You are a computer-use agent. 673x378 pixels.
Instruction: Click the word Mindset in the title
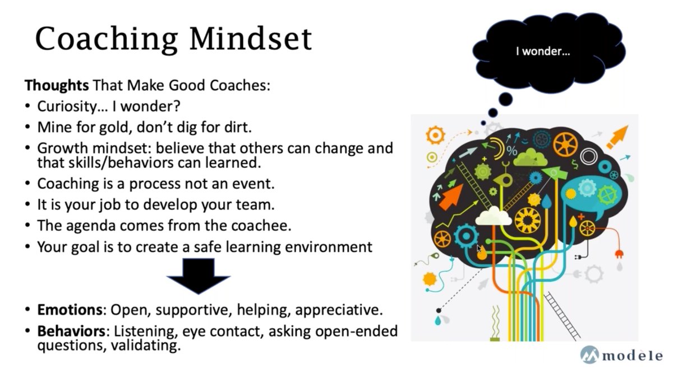251,39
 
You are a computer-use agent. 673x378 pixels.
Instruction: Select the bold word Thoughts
57,86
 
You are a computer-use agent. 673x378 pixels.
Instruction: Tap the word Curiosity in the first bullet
67,106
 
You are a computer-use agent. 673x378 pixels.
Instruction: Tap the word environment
329,247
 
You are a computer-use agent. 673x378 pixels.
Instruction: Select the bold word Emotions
70,310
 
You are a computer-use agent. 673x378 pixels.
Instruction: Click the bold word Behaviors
71,332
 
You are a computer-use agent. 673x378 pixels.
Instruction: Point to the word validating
146,346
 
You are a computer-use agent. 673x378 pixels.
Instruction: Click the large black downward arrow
199,276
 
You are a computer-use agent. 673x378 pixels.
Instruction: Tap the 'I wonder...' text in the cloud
543,52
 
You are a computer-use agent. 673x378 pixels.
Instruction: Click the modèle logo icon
589,354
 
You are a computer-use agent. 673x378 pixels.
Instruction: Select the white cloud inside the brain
494,217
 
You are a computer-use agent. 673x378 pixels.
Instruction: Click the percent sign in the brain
511,151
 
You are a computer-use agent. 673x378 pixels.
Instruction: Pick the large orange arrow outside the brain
617,137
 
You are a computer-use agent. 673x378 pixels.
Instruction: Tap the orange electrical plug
619,254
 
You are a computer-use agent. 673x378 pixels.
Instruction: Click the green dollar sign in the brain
574,165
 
